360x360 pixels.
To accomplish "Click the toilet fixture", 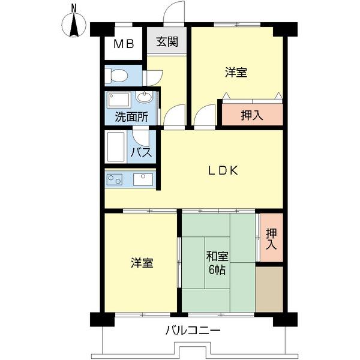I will coord(116,76).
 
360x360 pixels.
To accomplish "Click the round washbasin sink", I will coord(145,97).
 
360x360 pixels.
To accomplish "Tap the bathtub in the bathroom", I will coord(116,146).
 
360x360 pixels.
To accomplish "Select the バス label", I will coord(141,153).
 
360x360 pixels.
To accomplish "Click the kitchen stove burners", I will coord(114,178).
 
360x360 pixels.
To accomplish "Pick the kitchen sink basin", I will coord(143,178).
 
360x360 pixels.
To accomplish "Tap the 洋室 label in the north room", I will coord(236,73).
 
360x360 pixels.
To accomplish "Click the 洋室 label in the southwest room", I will coord(142,263).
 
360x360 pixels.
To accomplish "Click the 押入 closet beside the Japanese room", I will coord(270,238).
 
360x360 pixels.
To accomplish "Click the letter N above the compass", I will coord(73,8).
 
